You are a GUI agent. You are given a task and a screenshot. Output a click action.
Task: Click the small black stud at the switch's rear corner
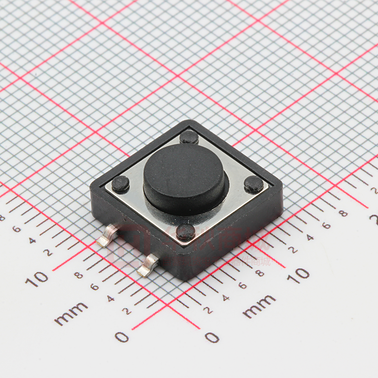click(x=189, y=137)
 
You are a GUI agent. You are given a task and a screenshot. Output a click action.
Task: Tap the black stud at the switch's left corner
click(x=121, y=185)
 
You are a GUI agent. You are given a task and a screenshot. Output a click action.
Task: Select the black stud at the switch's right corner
click(x=254, y=185)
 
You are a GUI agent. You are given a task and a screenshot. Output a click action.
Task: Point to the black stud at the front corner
click(x=186, y=232)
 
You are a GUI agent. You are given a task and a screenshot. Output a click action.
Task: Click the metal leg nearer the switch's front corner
click(x=148, y=265)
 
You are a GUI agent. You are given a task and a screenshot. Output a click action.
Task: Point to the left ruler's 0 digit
click(x=122, y=337)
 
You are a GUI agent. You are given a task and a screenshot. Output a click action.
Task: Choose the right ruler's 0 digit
click(x=212, y=337)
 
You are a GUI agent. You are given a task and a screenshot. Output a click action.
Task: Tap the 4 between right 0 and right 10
click(x=226, y=297)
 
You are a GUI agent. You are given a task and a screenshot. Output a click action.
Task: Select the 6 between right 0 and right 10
click(x=243, y=285)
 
